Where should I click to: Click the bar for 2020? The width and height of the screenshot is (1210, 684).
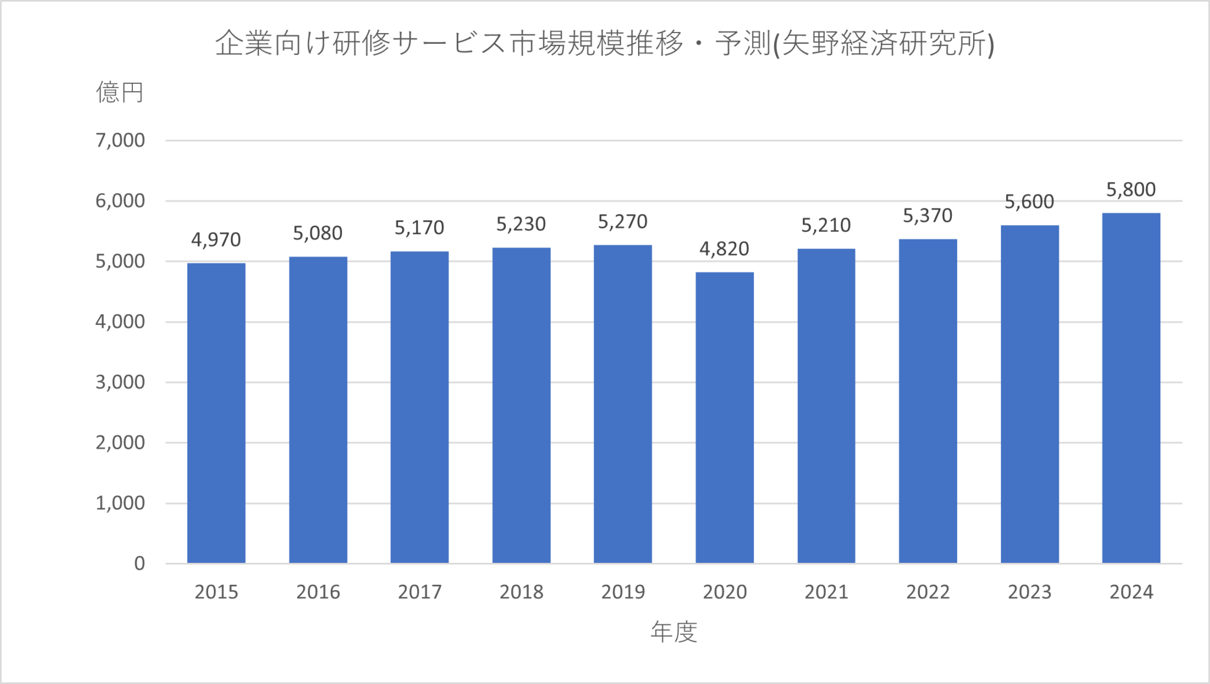(x=724, y=417)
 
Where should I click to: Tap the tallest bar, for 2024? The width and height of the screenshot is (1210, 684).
(x=1131, y=387)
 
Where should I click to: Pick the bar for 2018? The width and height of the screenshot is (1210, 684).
(x=521, y=405)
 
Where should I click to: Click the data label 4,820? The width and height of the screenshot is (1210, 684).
(x=724, y=249)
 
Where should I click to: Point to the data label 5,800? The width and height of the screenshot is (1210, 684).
(x=1131, y=190)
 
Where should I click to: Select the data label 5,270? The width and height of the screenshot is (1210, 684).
(x=623, y=222)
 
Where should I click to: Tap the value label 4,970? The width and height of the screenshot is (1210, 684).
(x=216, y=239)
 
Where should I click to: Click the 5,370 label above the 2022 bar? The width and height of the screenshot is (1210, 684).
(x=928, y=216)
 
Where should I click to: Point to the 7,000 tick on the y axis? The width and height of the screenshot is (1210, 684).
(x=120, y=141)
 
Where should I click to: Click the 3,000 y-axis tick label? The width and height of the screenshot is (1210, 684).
(x=120, y=382)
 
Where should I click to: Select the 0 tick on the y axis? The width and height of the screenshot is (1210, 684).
(x=139, y=563)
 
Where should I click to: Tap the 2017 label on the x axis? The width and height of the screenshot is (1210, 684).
(x=419, y=592)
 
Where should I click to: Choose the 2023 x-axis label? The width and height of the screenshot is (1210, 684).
(x=1029, y=592)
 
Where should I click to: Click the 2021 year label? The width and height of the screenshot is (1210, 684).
(x=826, y=592)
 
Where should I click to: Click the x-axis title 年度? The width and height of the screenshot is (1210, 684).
(x=674, y=632)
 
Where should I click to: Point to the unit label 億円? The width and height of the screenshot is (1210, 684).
(x=120, y=93)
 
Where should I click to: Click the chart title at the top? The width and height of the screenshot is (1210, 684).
(x=604, y=43)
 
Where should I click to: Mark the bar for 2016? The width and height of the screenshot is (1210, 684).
(x=318, y=409)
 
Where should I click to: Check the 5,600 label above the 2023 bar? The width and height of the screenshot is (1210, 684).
(x=1029, y=202)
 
